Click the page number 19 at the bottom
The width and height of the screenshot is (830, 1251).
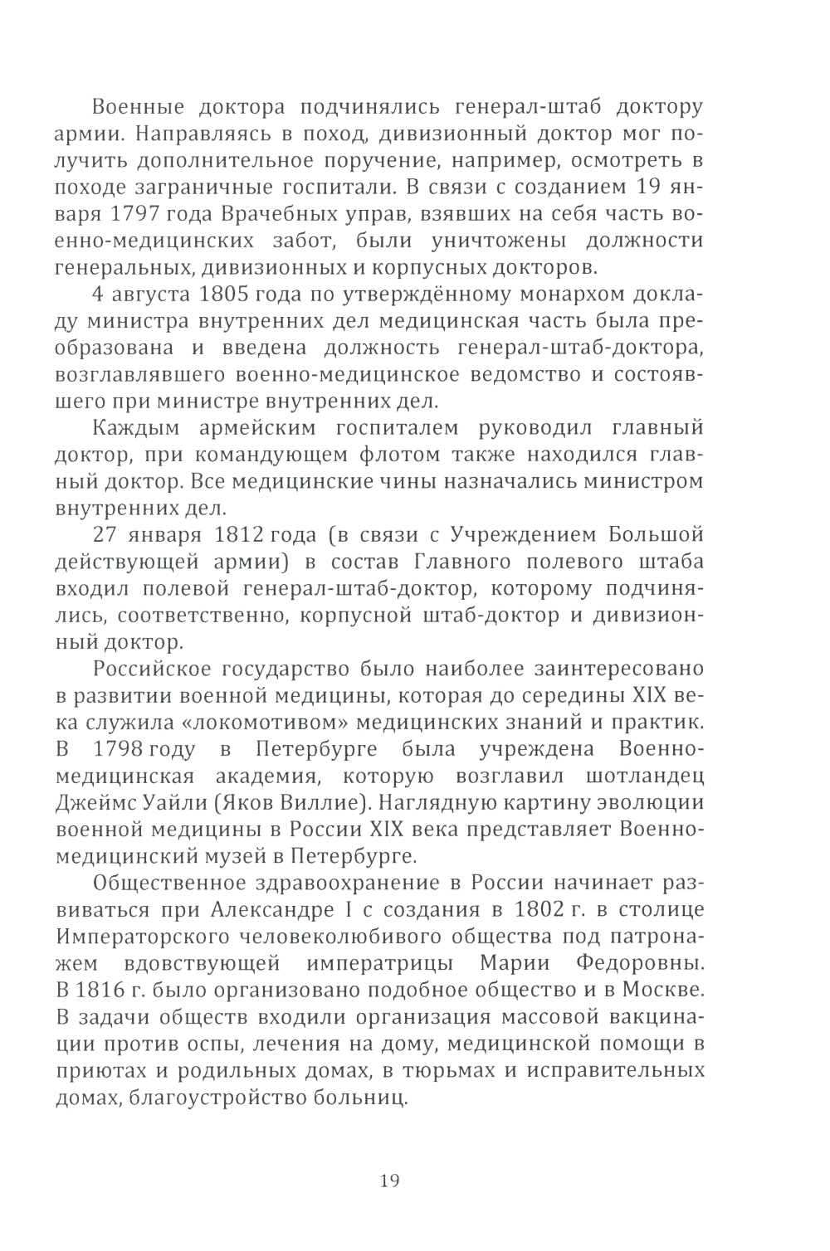pos(390,1180)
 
